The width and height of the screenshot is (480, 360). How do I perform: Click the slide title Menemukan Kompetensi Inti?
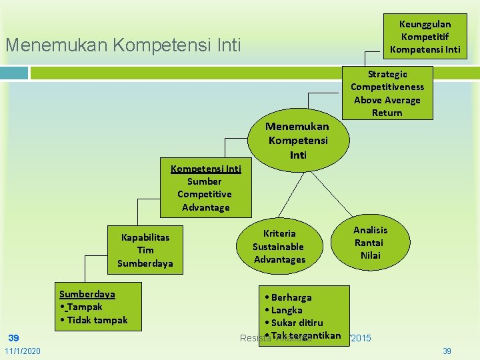coord(123,46)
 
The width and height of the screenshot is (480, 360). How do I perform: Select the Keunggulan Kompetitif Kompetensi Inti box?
coord(425,37)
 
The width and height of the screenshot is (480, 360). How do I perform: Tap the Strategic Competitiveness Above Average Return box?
coord(387,93)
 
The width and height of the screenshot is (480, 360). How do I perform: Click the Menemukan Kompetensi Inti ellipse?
coord(298,140)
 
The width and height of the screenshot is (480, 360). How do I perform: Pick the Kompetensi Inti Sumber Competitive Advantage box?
coord(205,188)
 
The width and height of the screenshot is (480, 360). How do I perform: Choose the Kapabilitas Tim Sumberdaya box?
coord(145,250)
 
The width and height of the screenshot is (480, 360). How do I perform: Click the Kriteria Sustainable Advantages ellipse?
coord(279,246)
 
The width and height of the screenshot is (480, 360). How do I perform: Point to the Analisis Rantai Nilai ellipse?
coord(370,243)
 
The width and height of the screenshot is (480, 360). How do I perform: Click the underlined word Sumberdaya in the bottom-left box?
coord(87,294)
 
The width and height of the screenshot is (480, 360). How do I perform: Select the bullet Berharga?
coord(291,297)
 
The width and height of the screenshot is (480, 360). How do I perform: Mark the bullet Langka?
coord(286,310)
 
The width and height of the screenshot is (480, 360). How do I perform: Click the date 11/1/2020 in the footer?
coord(22,351)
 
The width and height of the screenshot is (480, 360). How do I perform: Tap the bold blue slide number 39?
coord(13,337)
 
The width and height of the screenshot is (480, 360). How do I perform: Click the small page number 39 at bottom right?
coord(447,351)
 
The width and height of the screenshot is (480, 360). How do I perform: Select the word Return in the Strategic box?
coord(387,113)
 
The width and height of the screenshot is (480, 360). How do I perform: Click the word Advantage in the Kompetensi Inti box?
coord(205,207)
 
